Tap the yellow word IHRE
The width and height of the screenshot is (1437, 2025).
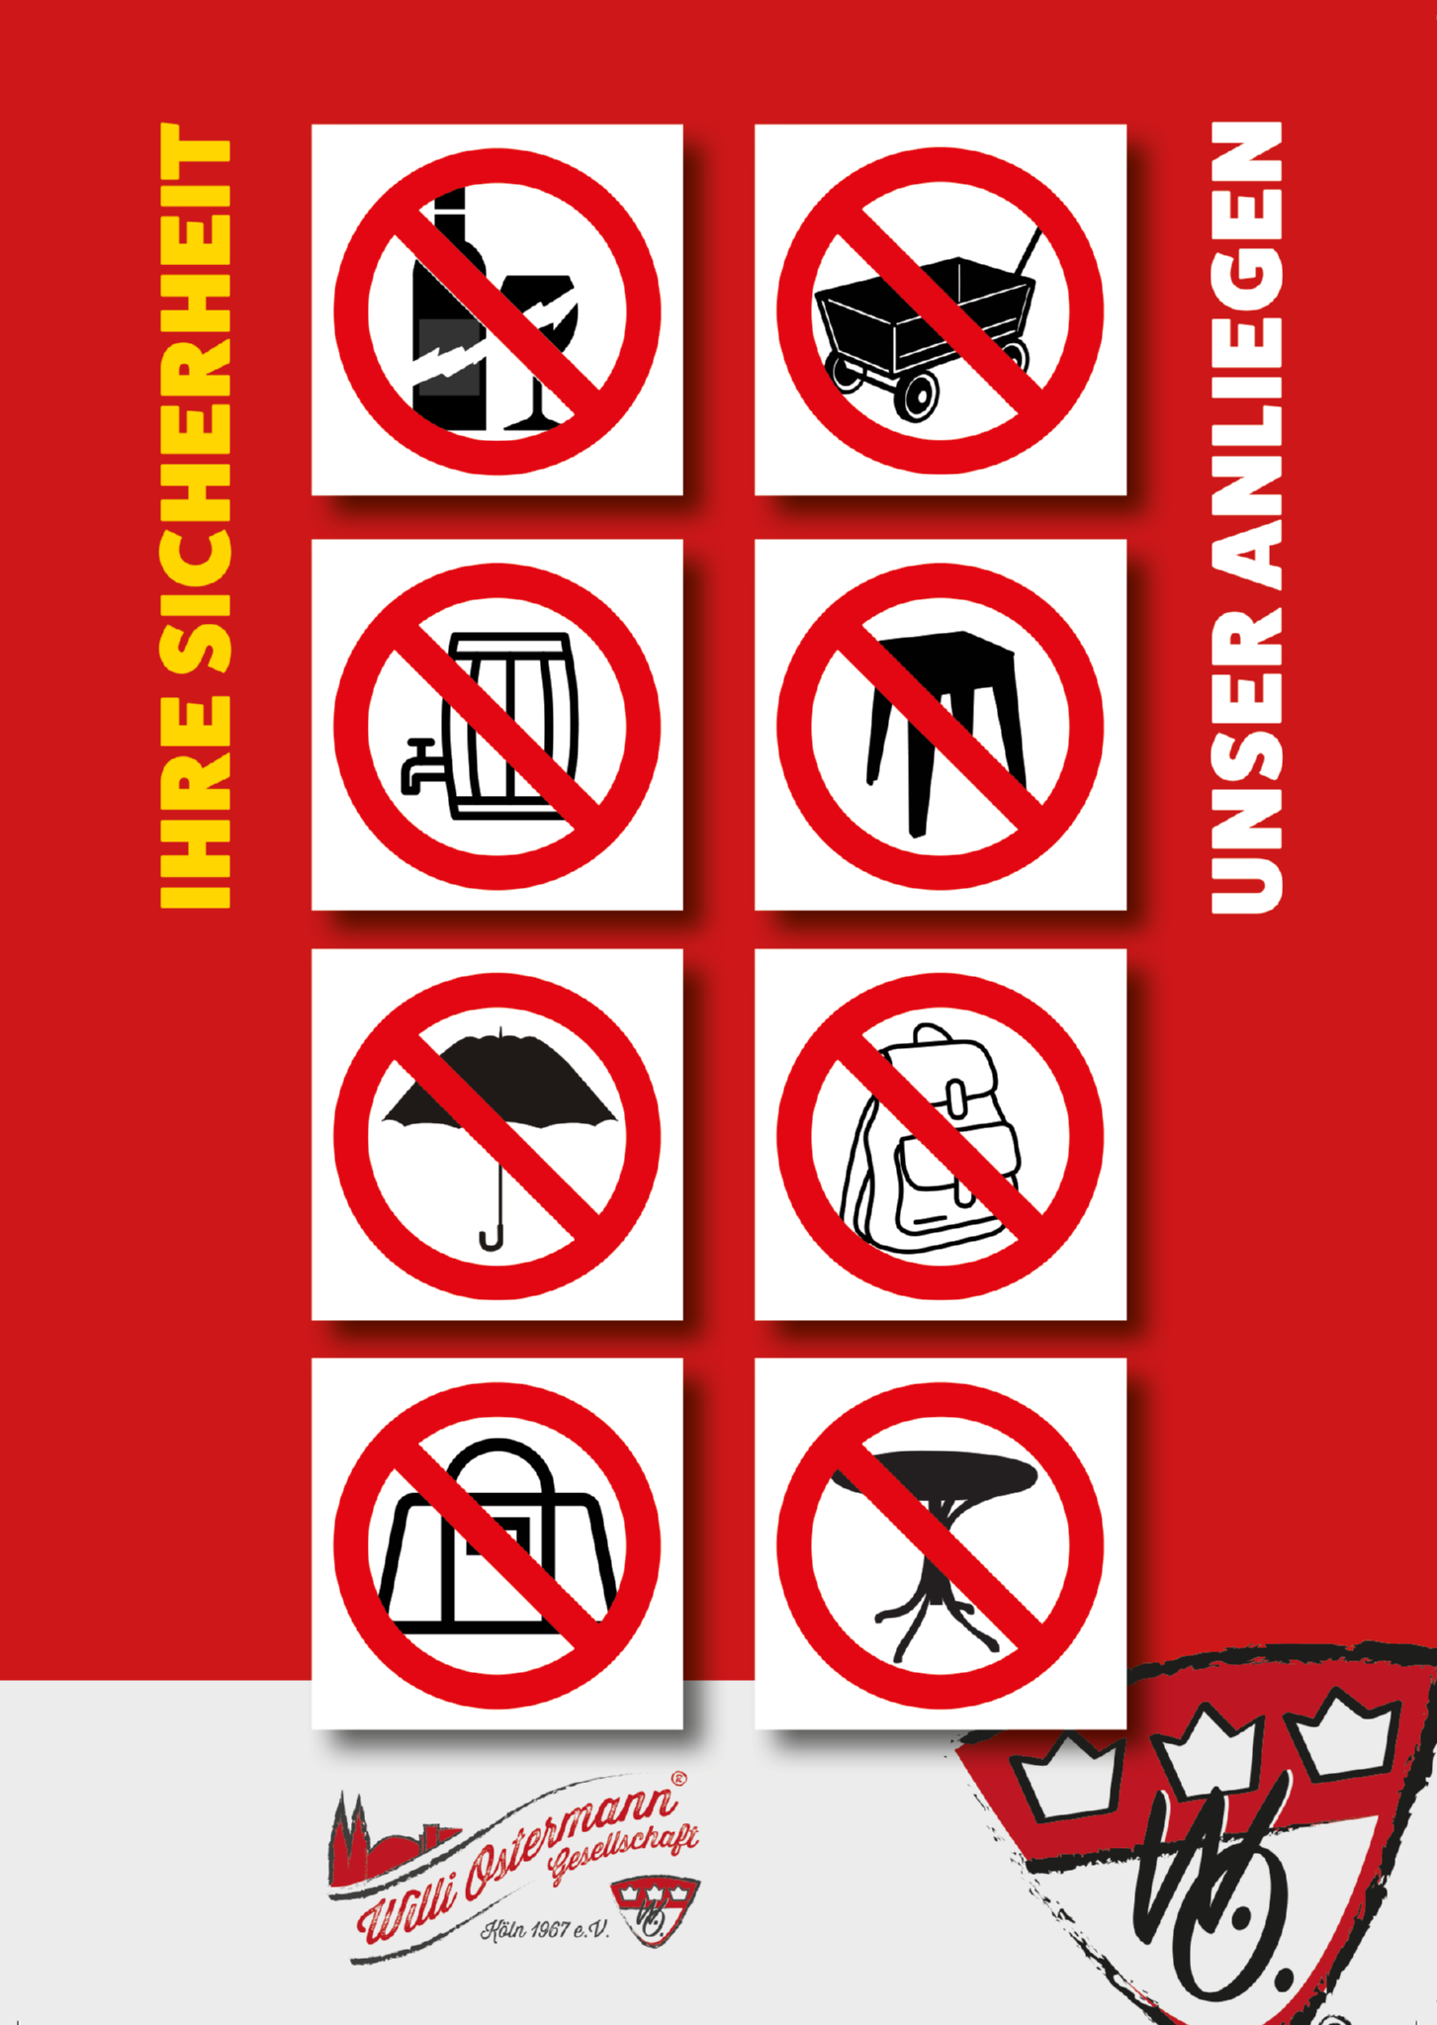pos(196,802)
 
